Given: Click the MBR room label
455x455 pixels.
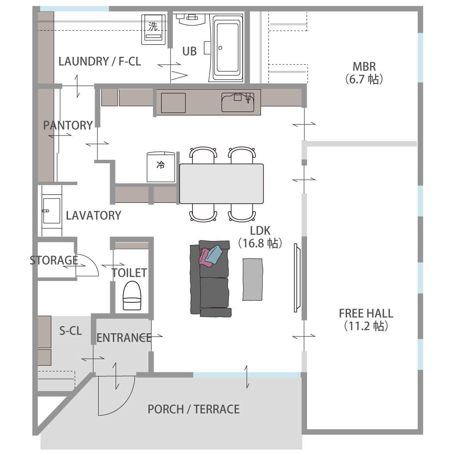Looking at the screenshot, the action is click(364, 67).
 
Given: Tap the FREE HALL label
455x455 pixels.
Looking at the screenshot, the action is click(366, 313).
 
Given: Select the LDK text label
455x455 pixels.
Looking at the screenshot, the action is click(260, 231).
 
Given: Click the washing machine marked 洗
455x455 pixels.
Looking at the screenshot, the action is click(153, 29).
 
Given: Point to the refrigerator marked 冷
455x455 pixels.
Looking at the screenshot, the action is click(161, 167).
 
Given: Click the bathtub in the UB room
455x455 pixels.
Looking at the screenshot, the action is click(228, 48).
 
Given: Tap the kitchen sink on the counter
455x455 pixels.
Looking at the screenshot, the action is click(238, 102).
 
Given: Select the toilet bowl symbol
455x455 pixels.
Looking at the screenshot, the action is click(132, 296).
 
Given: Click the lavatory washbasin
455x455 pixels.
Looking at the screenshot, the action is click(52, 211).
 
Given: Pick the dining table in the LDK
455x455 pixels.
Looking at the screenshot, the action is click(221, 184).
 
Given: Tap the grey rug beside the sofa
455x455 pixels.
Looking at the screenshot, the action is click(252, 280).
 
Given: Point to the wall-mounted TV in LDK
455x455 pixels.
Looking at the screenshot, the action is click(297, 278).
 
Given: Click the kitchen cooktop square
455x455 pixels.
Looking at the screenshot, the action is click(173, 103).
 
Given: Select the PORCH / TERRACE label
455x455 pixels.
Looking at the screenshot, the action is click(193, 409).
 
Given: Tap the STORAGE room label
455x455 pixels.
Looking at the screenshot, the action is click(54, 260).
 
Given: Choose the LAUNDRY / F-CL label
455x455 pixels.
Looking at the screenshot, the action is click(100, 62).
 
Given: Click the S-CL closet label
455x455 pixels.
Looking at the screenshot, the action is click(71, 331).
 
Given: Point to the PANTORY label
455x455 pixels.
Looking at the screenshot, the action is click(68, 125).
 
